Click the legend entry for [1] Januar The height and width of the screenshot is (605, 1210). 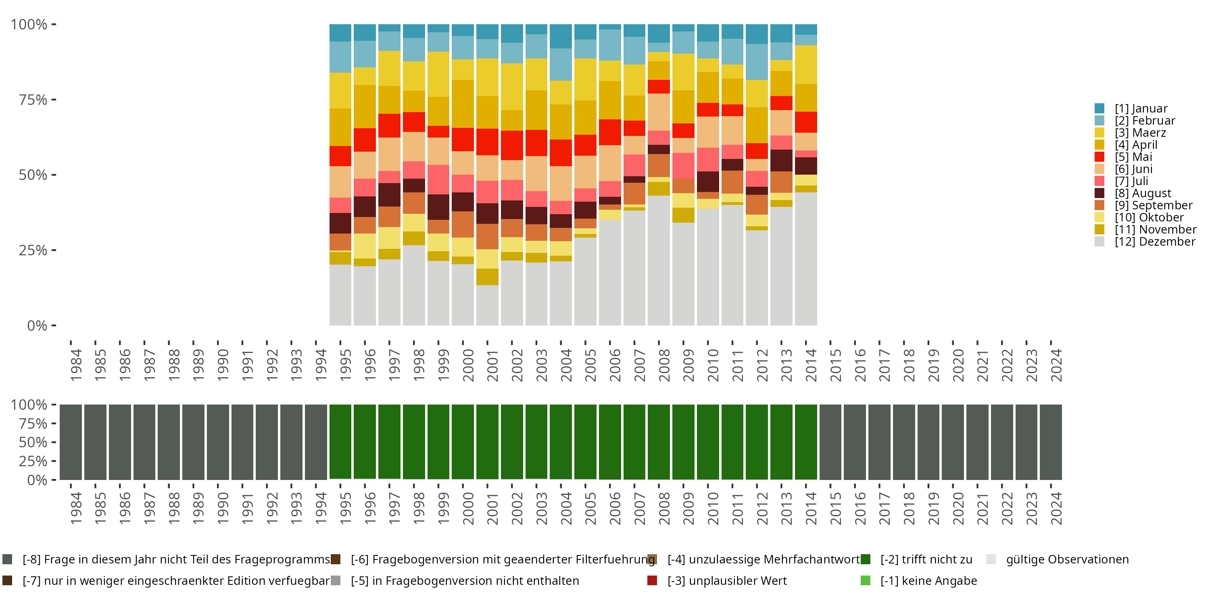(1141, 108)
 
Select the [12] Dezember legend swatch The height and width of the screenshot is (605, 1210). (1099, 242)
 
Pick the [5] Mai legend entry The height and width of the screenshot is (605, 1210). (1133, 157)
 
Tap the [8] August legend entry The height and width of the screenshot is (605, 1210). (1142, 193)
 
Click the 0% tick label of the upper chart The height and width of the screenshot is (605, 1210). (37, 325)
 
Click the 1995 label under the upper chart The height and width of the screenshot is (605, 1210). (346, 365)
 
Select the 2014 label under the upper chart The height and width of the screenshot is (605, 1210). (811, 365)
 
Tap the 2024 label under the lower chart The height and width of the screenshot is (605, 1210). (1056, 508)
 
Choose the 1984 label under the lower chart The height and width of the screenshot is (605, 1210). (76, 508)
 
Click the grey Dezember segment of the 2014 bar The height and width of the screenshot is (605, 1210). (805, 259)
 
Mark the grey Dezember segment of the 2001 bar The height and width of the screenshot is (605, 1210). (487, 305)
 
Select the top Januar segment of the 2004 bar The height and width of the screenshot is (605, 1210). (561, 36)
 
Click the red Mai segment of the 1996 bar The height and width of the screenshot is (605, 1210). (365, 140)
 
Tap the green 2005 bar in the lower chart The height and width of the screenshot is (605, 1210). (585, 442)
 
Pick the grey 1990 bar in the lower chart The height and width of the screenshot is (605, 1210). (218, 442)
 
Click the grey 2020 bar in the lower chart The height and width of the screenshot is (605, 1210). (953, 442)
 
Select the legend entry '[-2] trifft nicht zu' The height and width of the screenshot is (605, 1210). (926, 559)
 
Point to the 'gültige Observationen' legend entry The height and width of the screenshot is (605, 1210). (1067, 559)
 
